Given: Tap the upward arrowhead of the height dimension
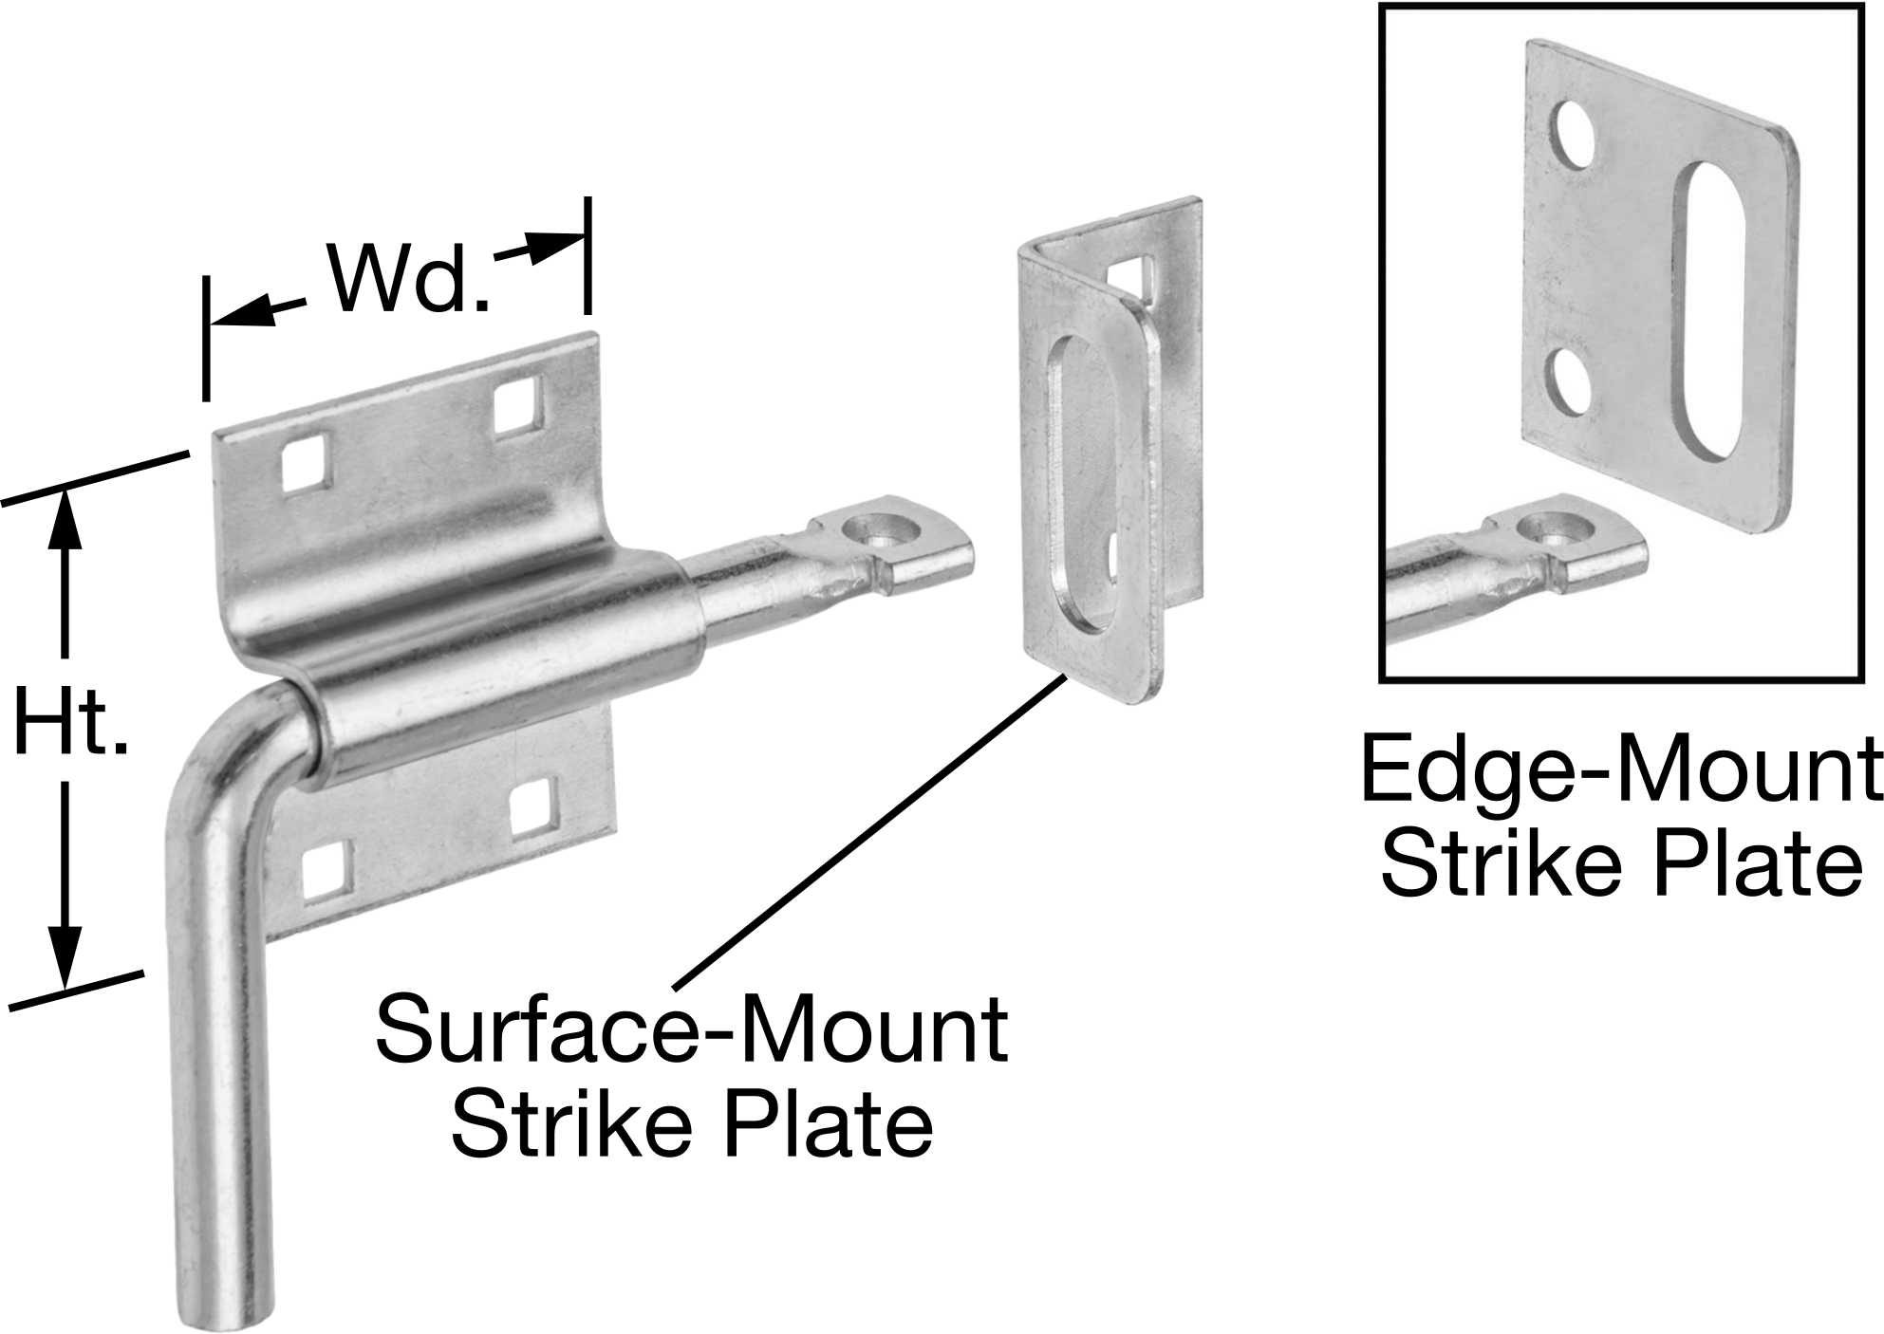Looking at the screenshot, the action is tap(65, 520).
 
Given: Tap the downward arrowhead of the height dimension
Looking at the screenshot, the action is tap(65, 956).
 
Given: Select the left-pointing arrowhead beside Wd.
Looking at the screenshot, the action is tap(242, 313).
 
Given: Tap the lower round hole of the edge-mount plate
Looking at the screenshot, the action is tap(1571, 381).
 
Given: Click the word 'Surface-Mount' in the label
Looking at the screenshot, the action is tap(691, 1028).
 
